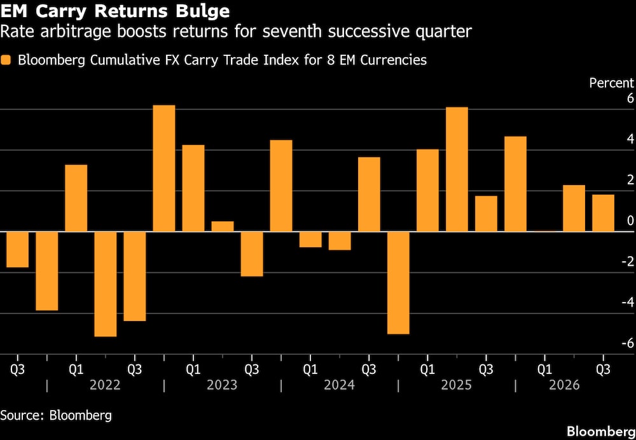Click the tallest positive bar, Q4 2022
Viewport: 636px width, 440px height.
click(164, 168)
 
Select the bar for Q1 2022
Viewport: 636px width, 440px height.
click(76, 198)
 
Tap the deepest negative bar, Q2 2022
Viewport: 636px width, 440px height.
click(106, 284)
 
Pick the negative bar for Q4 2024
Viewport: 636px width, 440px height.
click(398, 283)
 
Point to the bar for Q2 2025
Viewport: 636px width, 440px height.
click(457, 169)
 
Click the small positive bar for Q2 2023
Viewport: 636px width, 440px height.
click(223, 226)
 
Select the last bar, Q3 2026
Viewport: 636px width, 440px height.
click(603, 213)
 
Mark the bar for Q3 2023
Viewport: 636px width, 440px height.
click(252, 254)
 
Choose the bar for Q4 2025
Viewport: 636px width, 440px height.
click(516, 184)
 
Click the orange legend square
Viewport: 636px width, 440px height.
click(6, 60)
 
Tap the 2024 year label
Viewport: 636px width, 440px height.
click(340, 385)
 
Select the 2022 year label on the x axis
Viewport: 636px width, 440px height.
click(105, 385)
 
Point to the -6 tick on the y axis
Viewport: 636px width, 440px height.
click(628, 343)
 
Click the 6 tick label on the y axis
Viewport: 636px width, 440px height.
click(630, 99)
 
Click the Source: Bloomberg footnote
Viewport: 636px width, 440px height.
click(56, 416)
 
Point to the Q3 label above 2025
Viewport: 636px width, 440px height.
click(486, 370)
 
